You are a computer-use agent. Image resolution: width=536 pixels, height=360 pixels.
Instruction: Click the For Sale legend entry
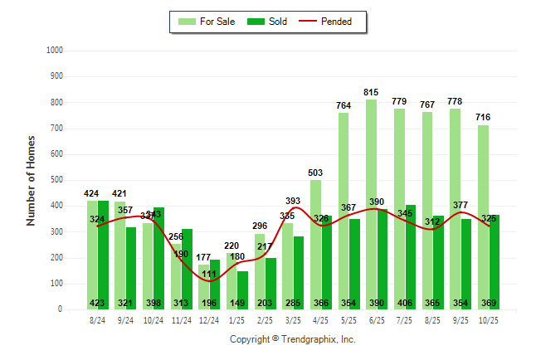tap(207, 22)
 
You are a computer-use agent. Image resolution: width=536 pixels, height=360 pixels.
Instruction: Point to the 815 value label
tap(372, 92)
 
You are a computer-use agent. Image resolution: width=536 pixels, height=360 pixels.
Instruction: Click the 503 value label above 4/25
tap(315, 173)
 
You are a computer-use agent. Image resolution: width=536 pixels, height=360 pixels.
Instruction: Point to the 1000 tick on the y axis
tap(55, 51)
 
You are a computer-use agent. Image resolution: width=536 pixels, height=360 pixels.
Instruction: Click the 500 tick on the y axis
tap(57, 180)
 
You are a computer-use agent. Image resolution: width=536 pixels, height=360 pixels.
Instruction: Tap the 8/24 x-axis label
tap(98, 320)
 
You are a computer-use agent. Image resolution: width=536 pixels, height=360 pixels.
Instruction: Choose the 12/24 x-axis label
tap(209, 320)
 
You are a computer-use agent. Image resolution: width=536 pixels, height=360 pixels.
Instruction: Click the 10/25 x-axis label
tap(488, 320)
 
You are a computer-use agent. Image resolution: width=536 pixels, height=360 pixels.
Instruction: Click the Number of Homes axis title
tap(32, 180)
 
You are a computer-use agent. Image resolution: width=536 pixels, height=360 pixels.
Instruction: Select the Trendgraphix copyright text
tap(292, 339)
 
